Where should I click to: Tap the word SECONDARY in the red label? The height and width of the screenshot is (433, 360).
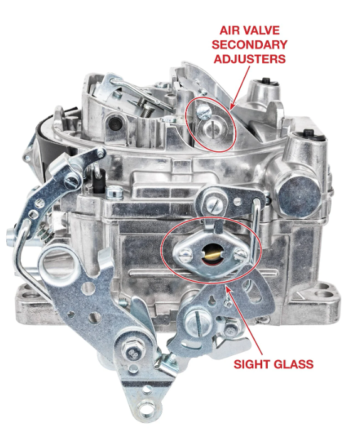pos(249,45)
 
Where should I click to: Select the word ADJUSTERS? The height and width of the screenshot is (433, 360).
pos(250,59)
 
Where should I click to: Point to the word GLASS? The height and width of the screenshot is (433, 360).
pos(292,364)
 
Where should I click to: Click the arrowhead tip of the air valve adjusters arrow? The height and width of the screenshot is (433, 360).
pos(231,109)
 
